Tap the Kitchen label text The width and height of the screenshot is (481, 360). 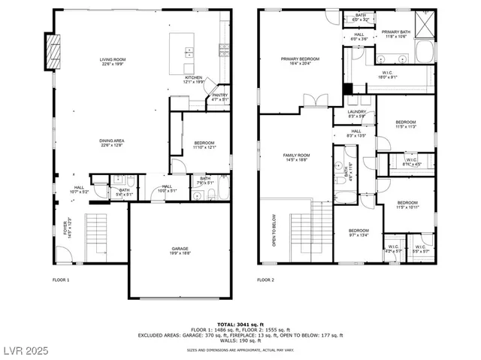coord(194,77)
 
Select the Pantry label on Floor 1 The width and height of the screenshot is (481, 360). coord(219,95)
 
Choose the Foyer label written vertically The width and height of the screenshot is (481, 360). coord(65,227)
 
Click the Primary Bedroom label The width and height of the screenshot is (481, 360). coord(300,59)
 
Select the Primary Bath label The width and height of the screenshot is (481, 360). coord(394,32)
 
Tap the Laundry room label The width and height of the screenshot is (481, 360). coord(356,112)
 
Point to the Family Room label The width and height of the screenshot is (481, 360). coord(296,156)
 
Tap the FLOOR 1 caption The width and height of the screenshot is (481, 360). coord(61,280)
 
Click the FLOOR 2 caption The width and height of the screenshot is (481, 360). coord(265,280)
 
